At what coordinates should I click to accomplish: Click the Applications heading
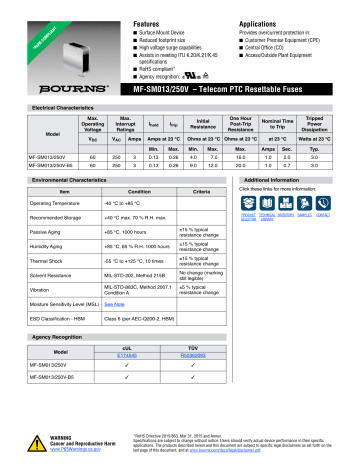[262, 8]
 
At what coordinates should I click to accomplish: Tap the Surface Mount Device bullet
[172, 18]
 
